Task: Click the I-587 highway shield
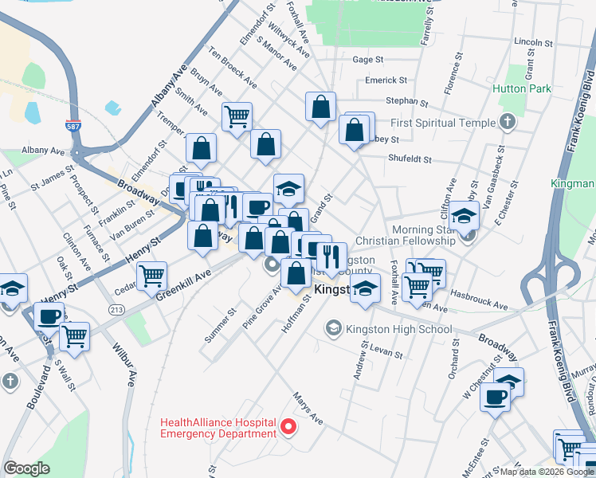pos(72,126)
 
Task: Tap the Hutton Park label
pos(522,89)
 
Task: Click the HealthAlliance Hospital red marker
pos(290,428)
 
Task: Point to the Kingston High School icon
pos(333,328)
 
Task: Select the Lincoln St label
pos(534,41)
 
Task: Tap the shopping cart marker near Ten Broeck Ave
pos(237,117)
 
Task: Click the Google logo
pos(26,468)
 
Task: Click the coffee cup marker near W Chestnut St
pos(495,397)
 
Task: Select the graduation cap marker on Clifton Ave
pos(464,215)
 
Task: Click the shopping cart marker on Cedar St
pos(151,276)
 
